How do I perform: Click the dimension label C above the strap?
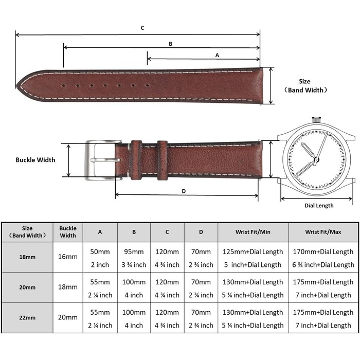142,28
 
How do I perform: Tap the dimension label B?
170,44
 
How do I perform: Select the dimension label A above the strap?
217,56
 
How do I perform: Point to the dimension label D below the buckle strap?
184,191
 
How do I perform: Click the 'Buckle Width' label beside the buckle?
35,160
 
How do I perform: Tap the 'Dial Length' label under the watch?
319,206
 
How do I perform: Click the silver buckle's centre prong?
105,160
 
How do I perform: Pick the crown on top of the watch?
316,120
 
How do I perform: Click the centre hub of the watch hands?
316,159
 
